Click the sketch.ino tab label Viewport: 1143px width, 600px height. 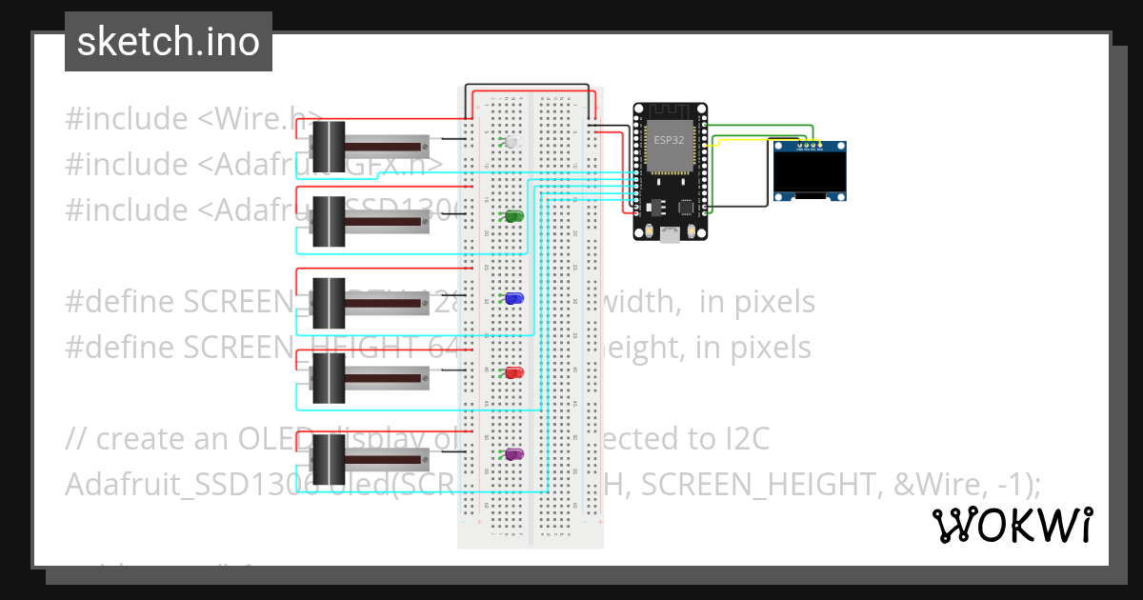click(169, 42)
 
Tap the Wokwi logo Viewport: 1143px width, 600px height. click(1012, 525)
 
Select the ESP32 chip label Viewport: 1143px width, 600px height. click(668, 139)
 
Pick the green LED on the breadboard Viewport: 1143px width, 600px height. click(513, 218)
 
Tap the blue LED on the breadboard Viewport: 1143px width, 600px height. click(513, 299)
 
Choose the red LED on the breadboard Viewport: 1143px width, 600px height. click(513, 373)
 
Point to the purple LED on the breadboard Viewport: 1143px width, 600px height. click(513, 456)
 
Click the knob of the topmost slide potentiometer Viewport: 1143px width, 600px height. click(330, 146)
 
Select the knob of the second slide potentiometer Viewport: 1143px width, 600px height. click(330, 221)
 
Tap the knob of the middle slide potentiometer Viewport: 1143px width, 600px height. click(330, 301)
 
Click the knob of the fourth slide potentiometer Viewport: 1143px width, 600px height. click(330, 377)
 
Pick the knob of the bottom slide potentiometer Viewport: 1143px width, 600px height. click(330, 458)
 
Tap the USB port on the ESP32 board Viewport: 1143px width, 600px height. click(671, 234)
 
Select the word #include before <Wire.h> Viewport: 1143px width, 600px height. click(127, 119)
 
